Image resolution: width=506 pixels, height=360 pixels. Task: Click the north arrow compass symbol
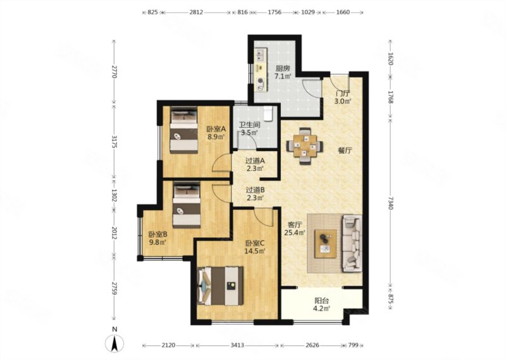[x=114, y=343]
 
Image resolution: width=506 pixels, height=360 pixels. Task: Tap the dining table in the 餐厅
[x=305, y=146]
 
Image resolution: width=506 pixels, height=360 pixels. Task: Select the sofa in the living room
[x=352, y=244]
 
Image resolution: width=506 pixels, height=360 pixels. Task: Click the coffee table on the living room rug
[x=326, y=244]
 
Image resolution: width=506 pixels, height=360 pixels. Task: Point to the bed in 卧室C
[x=220, y=286]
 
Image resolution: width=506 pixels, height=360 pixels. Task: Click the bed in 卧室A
[x=183, y=130]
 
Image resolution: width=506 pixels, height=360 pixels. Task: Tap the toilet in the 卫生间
[x=268, y=113]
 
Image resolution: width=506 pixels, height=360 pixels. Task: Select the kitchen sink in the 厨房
[x=261, y=55]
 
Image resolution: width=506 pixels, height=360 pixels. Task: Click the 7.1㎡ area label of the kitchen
[x=283, y=77]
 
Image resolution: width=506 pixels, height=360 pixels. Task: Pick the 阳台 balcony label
[x=322, y=301]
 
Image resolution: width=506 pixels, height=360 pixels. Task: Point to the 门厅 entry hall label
[x=342, y=93]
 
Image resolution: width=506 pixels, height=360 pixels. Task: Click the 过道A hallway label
[x=256, y=161]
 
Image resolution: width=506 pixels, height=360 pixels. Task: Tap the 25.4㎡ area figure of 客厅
[x=295, y=232]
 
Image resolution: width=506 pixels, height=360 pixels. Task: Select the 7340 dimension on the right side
[x=390, y=202]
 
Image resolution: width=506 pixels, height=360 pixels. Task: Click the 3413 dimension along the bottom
[x=237, y=345]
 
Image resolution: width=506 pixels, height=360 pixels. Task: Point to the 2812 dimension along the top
[x=196, y=12]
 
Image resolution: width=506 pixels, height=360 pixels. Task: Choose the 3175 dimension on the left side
[x=114, y=142]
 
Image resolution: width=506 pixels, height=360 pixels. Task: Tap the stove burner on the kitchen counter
[x=260, y=84]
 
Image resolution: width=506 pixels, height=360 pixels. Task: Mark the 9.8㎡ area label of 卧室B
[x=157, y=242]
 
